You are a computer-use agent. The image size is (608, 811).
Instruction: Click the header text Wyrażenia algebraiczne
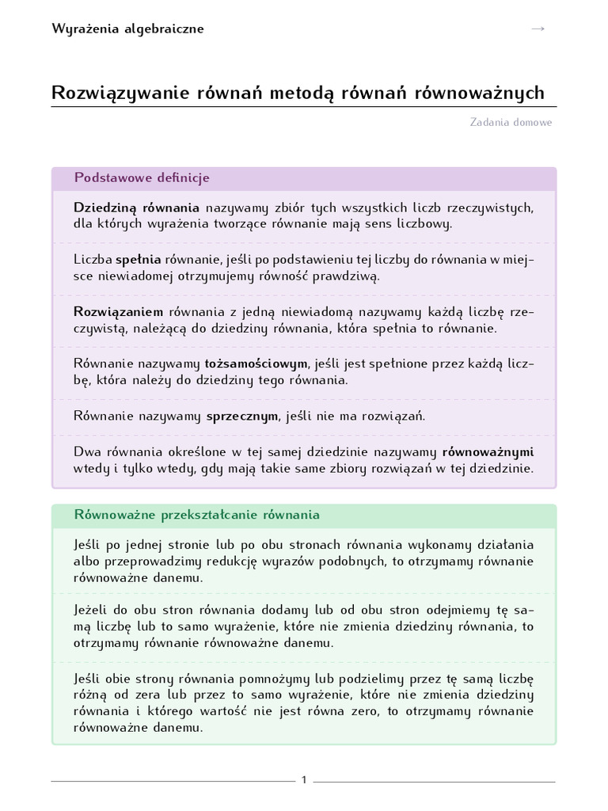tap(127, 29)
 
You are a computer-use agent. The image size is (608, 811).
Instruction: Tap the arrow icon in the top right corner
tap(538, 29)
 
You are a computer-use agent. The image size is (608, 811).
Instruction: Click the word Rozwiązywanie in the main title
tap(114, 93)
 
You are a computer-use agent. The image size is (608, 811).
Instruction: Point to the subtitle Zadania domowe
tap(511, 123)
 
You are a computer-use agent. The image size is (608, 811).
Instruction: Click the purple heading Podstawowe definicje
tap(142, 178)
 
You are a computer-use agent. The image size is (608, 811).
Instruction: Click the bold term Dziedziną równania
tap(136, 208)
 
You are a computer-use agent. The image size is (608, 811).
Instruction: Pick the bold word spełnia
tap(139, 260)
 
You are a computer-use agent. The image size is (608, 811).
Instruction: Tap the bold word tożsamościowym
tap(256, 364)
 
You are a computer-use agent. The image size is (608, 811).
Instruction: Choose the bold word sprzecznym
tap(242, 416)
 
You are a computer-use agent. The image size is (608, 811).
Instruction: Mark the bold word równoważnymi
tap(488, 452)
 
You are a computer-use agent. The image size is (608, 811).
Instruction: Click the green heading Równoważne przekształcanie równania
tap(197, 515)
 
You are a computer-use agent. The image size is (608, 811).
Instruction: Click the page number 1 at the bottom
tap(304, 781)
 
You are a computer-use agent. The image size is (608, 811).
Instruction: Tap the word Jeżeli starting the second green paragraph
tap(93, 610)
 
